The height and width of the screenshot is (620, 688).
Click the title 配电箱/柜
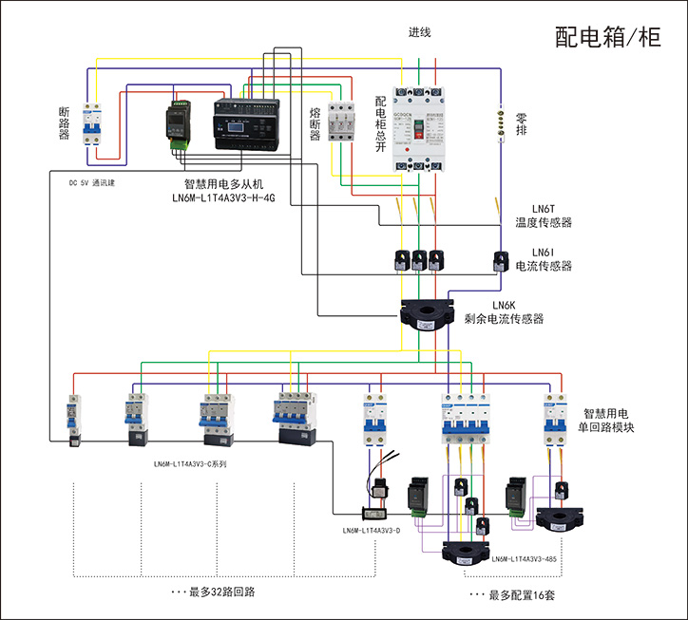point(607,37)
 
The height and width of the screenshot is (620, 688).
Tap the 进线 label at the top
point(420,32)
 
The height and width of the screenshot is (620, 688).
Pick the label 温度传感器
point(544,222)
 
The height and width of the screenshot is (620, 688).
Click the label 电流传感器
point(544,266)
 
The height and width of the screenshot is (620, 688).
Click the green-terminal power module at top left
point(180,122)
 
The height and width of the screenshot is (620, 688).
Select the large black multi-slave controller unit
point(245,121)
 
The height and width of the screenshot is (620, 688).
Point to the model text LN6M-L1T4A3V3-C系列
point(190,464)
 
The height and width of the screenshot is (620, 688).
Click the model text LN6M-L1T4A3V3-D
point(372,530)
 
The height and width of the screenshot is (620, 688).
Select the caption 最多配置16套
point(513,595)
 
